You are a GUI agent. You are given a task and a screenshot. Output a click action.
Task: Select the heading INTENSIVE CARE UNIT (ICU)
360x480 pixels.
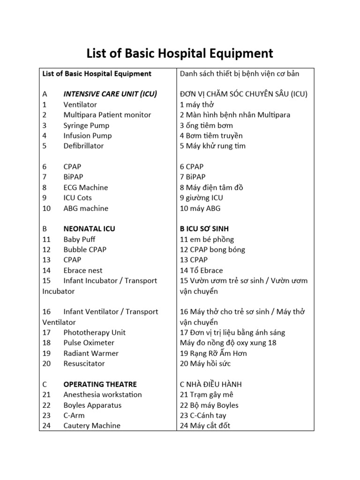tap(110, 94)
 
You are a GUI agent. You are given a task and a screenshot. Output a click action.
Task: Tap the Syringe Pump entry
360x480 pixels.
tap(86, 125)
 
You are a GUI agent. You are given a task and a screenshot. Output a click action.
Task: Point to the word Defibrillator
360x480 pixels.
tap(84, 146)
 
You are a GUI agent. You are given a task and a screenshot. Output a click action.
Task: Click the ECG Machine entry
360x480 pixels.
tap(86, 187)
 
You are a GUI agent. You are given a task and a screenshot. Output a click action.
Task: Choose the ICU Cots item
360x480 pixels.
tap(78, 198)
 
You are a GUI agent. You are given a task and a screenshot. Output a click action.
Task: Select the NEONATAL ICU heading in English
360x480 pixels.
tap(89, 229)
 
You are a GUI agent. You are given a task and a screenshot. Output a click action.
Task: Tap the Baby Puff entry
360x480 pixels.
tap(79, 239)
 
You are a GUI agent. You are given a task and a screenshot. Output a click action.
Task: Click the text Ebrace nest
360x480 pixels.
tap(83, 270)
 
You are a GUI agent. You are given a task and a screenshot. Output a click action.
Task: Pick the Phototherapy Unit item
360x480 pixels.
tap(95, 332)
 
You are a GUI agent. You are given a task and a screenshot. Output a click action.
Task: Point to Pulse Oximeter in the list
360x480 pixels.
tap(89, 343)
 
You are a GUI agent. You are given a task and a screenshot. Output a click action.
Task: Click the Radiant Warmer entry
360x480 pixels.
tap(91, 353)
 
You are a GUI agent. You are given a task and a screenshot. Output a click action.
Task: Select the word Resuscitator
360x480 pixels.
tap(84, 363)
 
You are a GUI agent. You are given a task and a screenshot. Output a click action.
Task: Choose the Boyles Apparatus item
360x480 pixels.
tap(92, 405)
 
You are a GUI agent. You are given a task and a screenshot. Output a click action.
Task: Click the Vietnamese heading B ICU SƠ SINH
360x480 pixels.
tap(204, 229)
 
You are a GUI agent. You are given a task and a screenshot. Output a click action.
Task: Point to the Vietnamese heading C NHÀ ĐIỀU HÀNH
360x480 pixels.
tap(211, 384)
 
